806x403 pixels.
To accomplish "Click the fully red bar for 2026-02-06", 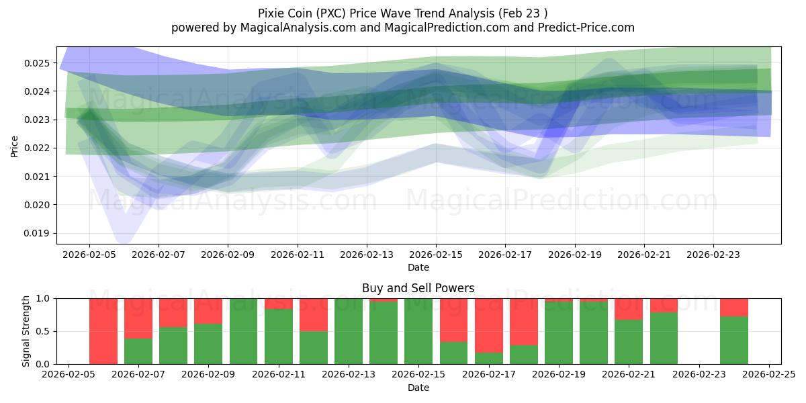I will click(103, 331).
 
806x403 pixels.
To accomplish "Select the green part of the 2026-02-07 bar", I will click(138, 351).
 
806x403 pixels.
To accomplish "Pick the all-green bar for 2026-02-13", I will click(349, 331).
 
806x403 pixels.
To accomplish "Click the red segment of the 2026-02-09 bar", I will click(208, 311).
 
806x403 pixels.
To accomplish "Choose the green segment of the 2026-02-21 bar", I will click(629, 342).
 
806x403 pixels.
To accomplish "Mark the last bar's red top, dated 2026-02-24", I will click(734, 307).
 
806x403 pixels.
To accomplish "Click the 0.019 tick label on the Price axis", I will click(40, 234).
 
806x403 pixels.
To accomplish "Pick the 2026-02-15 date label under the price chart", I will click(436, 255).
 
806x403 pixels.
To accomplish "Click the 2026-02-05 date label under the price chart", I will click(89, 255).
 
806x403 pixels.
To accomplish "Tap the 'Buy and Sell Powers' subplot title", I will click(418, 288).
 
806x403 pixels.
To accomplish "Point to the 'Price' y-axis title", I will click(15, 146).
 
